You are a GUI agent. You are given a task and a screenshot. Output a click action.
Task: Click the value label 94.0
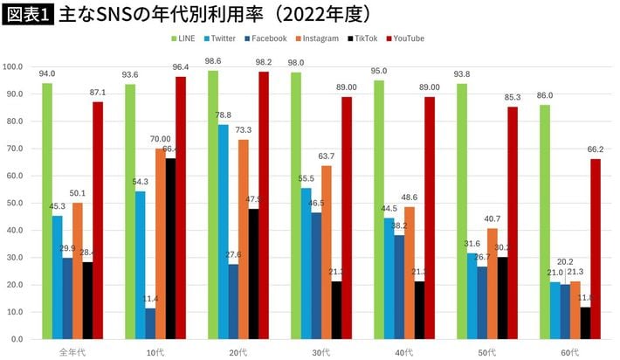(x=47, y=74)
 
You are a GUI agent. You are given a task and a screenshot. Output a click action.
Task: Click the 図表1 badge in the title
(x=27, y=14)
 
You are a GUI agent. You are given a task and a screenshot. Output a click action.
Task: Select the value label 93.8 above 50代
(x=462, y=74)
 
